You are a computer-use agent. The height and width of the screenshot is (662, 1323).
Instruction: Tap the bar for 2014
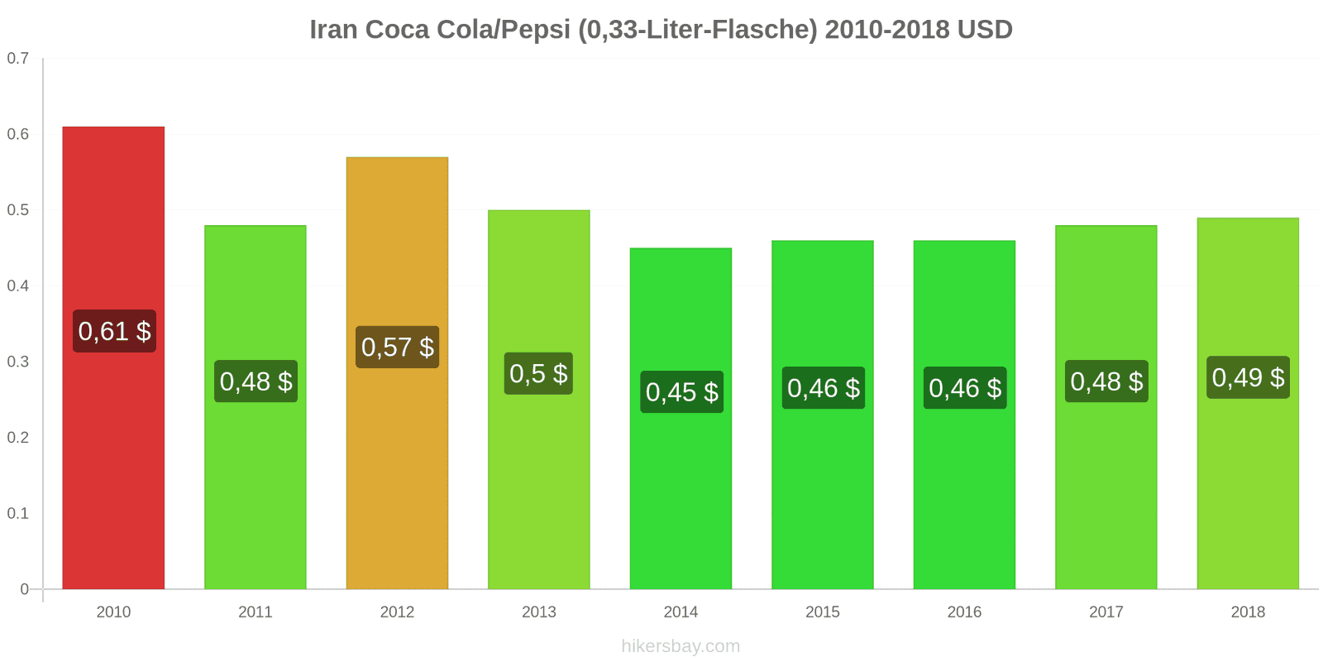681,496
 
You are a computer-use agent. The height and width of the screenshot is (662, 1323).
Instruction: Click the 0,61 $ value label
114,331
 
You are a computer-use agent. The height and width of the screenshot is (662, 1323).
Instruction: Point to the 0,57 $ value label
398,347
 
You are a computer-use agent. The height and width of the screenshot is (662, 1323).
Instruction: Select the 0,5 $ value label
539,373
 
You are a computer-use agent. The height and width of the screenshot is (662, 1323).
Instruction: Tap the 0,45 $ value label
681,391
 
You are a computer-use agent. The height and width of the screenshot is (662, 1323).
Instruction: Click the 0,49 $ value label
1248,377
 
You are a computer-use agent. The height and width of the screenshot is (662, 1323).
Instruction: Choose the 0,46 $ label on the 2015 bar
824,387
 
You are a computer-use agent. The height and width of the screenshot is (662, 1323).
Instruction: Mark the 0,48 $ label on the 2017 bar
1106,381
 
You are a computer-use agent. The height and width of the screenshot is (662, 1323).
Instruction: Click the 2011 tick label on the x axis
256,612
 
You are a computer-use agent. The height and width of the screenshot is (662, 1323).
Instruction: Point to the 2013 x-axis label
539,612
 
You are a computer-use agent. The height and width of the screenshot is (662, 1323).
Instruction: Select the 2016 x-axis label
964,612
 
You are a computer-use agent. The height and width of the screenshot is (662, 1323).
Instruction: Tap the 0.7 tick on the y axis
18,58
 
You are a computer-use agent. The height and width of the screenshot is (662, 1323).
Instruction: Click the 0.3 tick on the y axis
18,362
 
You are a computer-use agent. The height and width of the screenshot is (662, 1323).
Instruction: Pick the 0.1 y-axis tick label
18,513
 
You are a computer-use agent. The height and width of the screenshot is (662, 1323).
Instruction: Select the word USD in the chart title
985,30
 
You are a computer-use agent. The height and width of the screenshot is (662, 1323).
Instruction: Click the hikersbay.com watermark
681,646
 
